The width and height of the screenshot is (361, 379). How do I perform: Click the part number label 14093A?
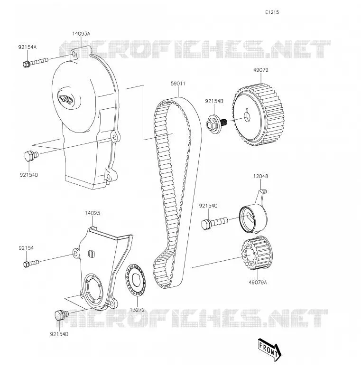click(x=81, y=34)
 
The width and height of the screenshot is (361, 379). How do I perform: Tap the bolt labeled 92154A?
click(x=36, y=62)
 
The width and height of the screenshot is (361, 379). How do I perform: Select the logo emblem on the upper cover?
click(x=65, y=98)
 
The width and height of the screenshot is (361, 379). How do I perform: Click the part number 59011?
click(x=178, y=84)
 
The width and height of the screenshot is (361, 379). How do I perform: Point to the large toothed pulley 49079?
click(x=258, y=115)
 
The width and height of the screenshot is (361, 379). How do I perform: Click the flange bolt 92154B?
click(x=216, y=123)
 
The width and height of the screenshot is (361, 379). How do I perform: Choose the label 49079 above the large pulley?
click(x=261, y=70)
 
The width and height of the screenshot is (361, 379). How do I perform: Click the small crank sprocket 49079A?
click(x=256, y=253)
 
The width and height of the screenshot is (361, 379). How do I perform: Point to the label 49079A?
click(x=258, y=282)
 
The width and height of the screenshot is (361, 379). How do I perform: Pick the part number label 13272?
click(x=137, y=310)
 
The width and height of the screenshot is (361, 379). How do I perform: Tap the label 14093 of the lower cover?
click(x=92, y=213)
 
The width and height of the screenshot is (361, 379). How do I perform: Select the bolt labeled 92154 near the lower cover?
click(x=31, y=263)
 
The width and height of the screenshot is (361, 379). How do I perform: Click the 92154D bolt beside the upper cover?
click(x=31, y=155)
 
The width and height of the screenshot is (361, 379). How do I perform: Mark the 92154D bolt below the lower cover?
click(x=62, y=315)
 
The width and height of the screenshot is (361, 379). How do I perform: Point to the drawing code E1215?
click(x=272, y=12)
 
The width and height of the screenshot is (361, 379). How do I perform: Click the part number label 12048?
click(x=260, y=176)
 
